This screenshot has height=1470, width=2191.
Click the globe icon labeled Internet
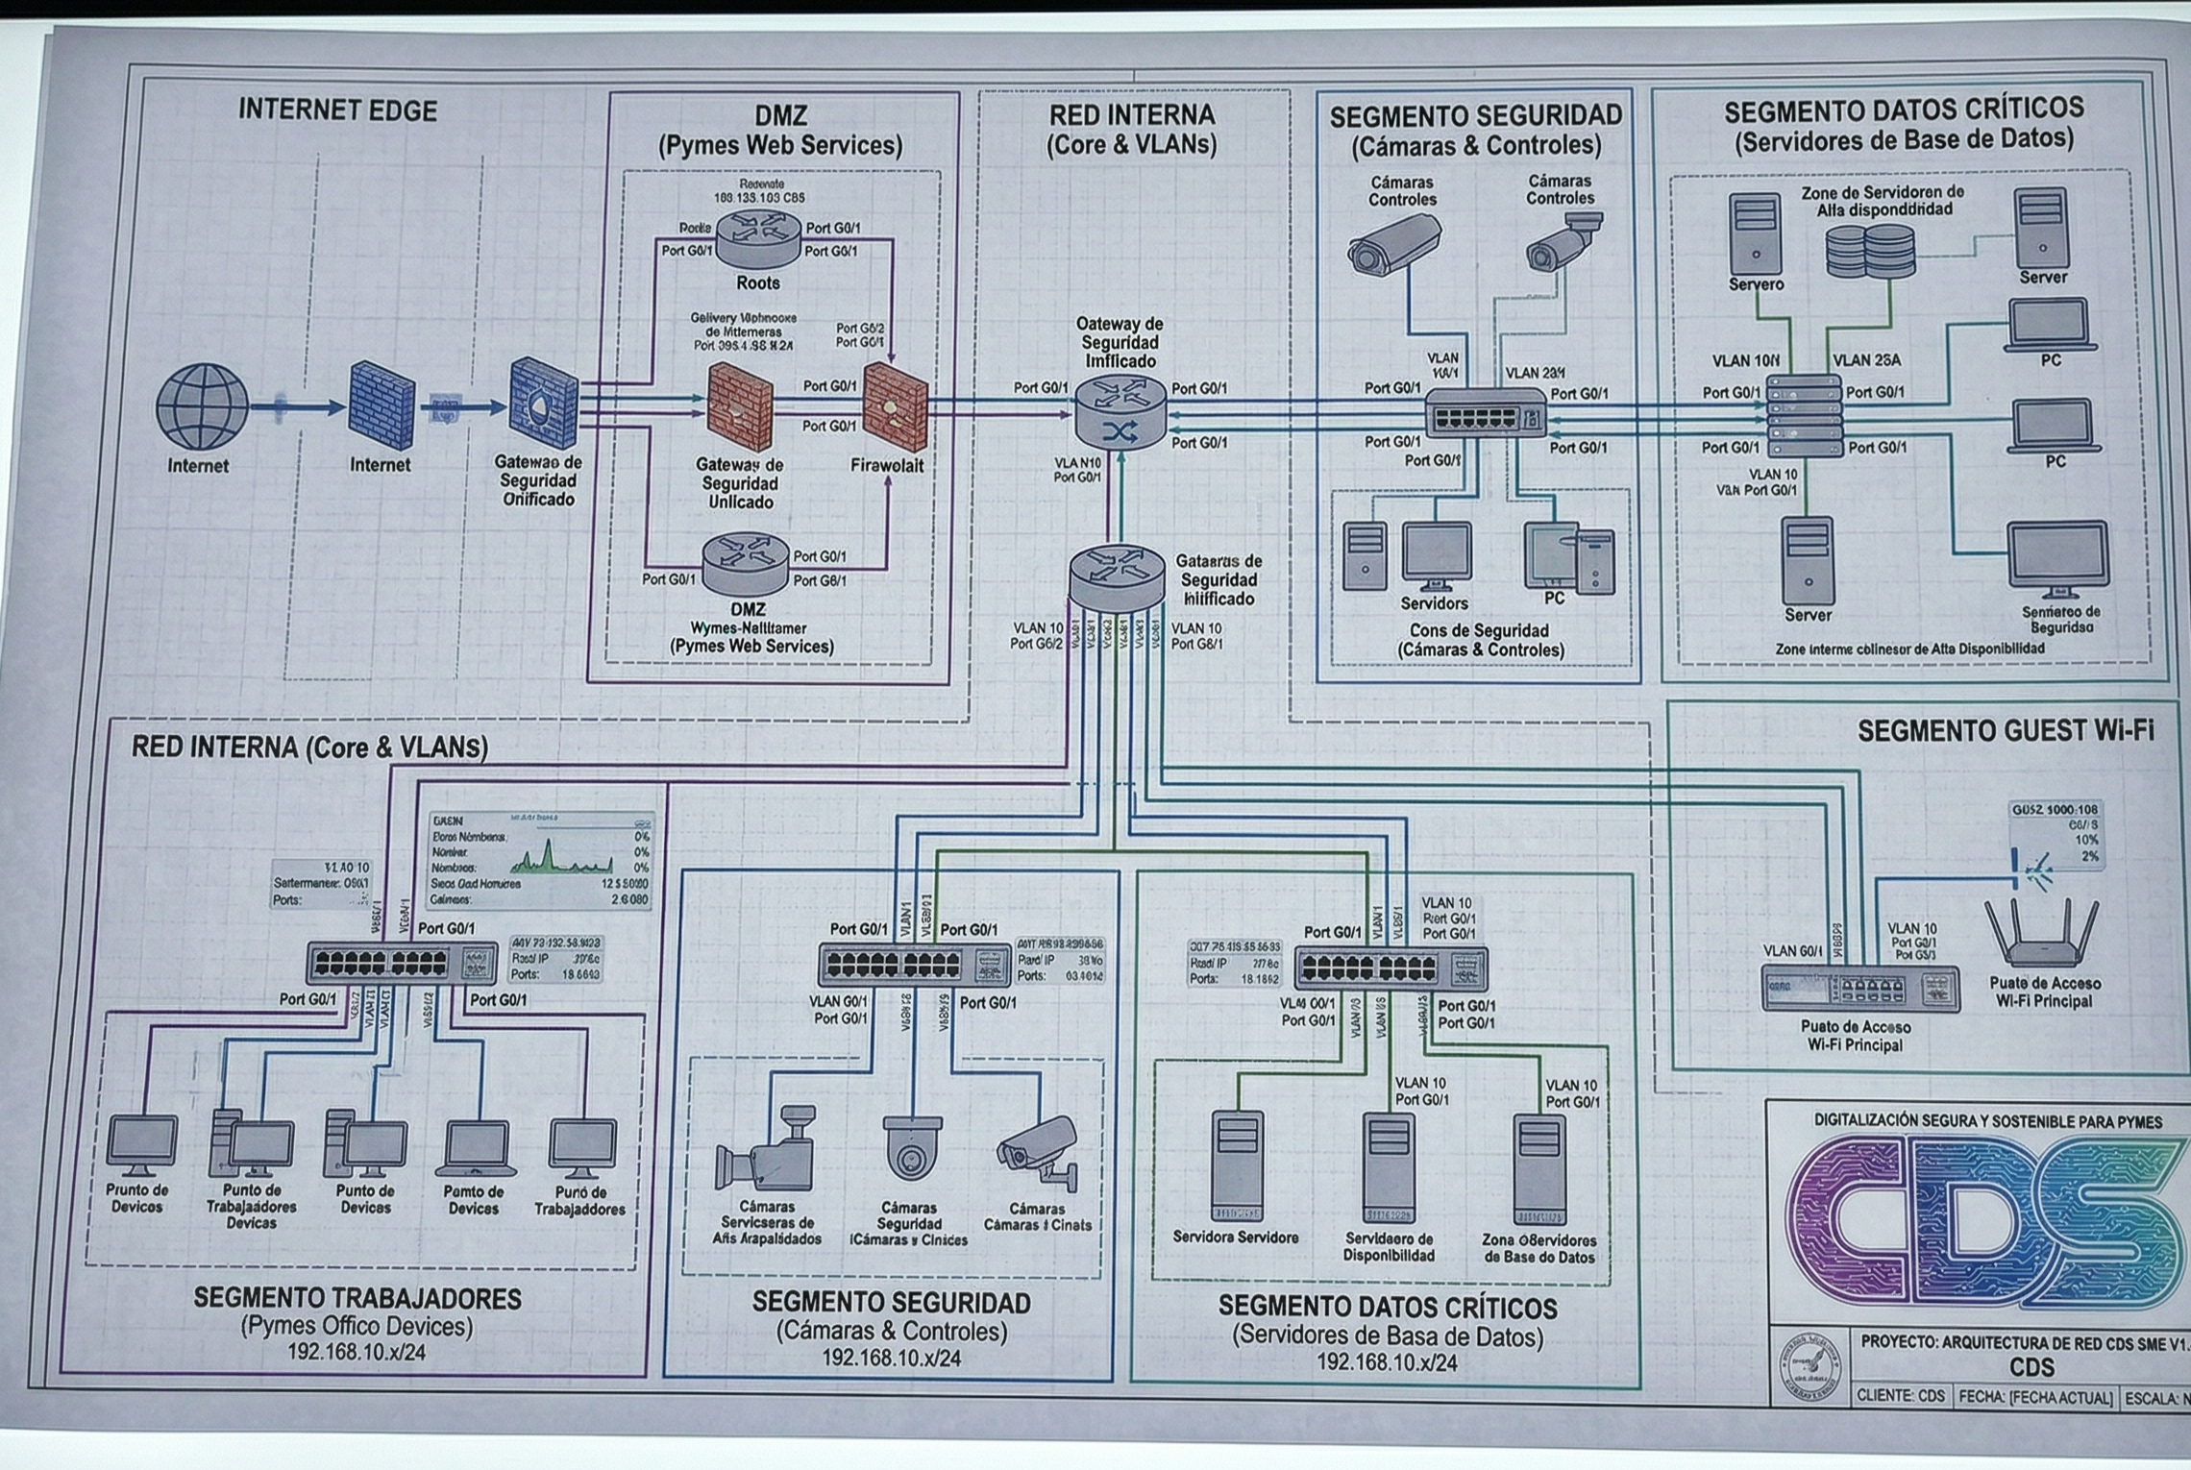click(202, 405)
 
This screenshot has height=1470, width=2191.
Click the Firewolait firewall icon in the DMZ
click(895, 407)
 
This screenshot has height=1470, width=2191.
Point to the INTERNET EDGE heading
click(337, 110)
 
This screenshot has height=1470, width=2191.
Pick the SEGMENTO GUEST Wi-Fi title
click(2005, 731)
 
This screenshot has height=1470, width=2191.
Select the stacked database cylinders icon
click(1869, 251)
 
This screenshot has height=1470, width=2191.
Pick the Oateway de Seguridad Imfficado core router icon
click(1120, 413)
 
